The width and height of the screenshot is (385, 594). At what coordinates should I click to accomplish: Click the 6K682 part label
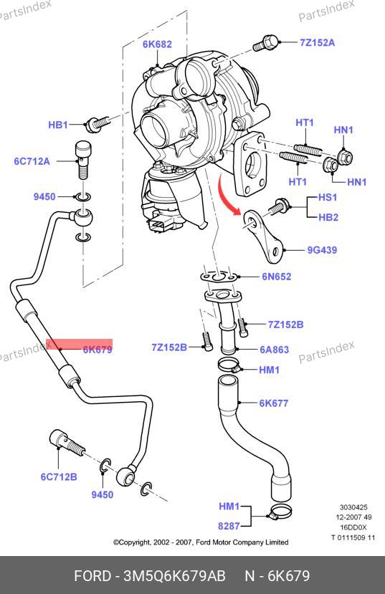157,44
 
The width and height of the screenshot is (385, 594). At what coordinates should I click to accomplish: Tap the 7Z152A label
318,42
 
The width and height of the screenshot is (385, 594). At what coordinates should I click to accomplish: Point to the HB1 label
58,125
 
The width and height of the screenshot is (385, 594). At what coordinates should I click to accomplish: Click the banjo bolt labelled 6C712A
84,159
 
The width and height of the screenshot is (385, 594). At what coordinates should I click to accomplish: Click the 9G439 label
322,250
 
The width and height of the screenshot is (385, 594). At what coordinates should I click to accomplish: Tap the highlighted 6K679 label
98,349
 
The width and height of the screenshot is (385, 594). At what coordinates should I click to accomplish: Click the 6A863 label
275,349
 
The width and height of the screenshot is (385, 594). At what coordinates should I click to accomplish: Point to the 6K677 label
274,403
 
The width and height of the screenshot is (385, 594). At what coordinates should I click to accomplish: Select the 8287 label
229,526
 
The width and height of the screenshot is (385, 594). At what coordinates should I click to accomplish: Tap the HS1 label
328,197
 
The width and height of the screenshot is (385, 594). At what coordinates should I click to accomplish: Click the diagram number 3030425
353,507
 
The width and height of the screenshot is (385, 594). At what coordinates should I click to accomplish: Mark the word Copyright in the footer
135,542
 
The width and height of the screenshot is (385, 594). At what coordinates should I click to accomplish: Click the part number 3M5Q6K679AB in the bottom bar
175,576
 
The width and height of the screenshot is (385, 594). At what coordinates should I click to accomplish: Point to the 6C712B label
59,476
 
